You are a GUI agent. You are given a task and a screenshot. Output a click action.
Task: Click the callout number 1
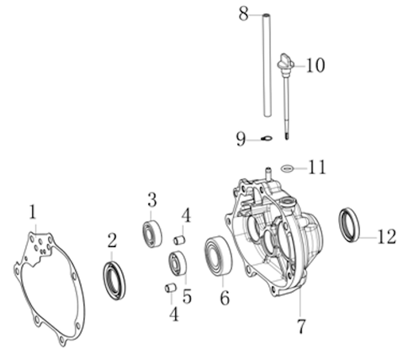pyautogui.click(x=32, y=212)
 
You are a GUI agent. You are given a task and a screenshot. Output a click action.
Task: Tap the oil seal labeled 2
pyautogui.click(x=114, y=281)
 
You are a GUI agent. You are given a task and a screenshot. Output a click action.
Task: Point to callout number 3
pyautogui.click(x=152, y=200)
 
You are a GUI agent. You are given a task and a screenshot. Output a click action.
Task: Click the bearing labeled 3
pyautogui.click(x=153, y=234)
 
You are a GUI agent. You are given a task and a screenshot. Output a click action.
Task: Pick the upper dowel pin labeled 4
pyautogui.click(x=179, y=240)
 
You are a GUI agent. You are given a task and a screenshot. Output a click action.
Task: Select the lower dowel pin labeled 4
pyautogui.click(x=170, y=287)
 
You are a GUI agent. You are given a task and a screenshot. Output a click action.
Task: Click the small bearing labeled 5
pyautogui.click(x=178, y=264)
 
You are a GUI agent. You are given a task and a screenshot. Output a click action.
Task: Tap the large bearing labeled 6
pyautogui.click(x=219, y=256)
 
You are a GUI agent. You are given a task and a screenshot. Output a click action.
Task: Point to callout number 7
pyautogui.click(x=301, y=326)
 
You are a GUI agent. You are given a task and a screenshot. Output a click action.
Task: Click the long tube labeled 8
pyautogui.click(x=267, y=65)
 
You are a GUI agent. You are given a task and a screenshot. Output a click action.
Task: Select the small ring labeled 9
pyautogui.click(x=267, y=139)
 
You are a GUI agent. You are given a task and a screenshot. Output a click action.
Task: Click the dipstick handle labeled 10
pyautogui.click(x=285, y=62)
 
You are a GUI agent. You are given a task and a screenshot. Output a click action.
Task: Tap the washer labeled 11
pyautogui.click(x=287, y=168)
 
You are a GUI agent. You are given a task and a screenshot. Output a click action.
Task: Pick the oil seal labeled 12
pyautogui.click(x=349, y=225)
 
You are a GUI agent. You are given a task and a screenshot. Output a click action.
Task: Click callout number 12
pyautogui.click(x=387, y=237)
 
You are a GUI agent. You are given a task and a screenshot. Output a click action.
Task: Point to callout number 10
pyautogui.click(x=316, y=65)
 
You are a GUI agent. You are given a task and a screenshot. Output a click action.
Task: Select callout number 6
pyautogui.click(x=225, y=298)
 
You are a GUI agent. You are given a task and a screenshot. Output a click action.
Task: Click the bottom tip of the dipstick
pyautogui.click(x=287, y=139)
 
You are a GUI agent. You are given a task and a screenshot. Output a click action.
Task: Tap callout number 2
pyautogui.click(x=112, y=240)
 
